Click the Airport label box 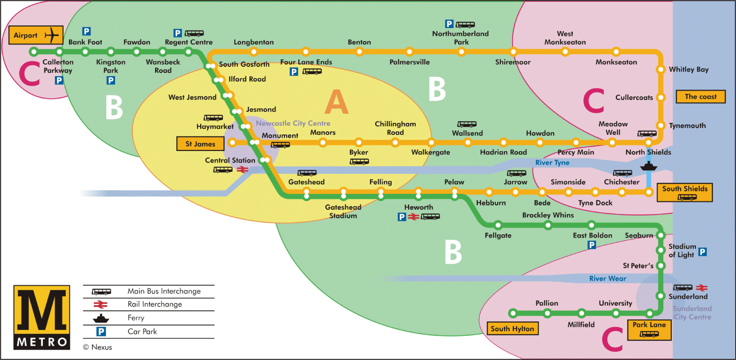[x=35, y=35]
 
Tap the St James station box [x=200, y=144]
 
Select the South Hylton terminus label [x=512, y=328]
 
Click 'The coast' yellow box [x=700, y=97]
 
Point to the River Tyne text [x=552, y=163]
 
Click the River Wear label [x=608, y=279]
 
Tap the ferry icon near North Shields [x=648, y=166]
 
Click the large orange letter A [x=336, y=102]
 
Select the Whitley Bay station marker [x=661, y=70]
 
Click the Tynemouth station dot [x=661, y=125]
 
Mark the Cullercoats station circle [x=661, y=97]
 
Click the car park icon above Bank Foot [x=86, y=31]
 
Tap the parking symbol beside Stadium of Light [x=702, y=251]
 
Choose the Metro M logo [x=42, y=317]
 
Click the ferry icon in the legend [x=101, y=318]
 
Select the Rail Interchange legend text [x=155, y=304]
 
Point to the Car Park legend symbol [x=101, y=331]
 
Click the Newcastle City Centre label [x=293, y=123]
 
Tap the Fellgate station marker [x=498, y=225]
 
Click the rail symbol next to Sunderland [x=701, y=288]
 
